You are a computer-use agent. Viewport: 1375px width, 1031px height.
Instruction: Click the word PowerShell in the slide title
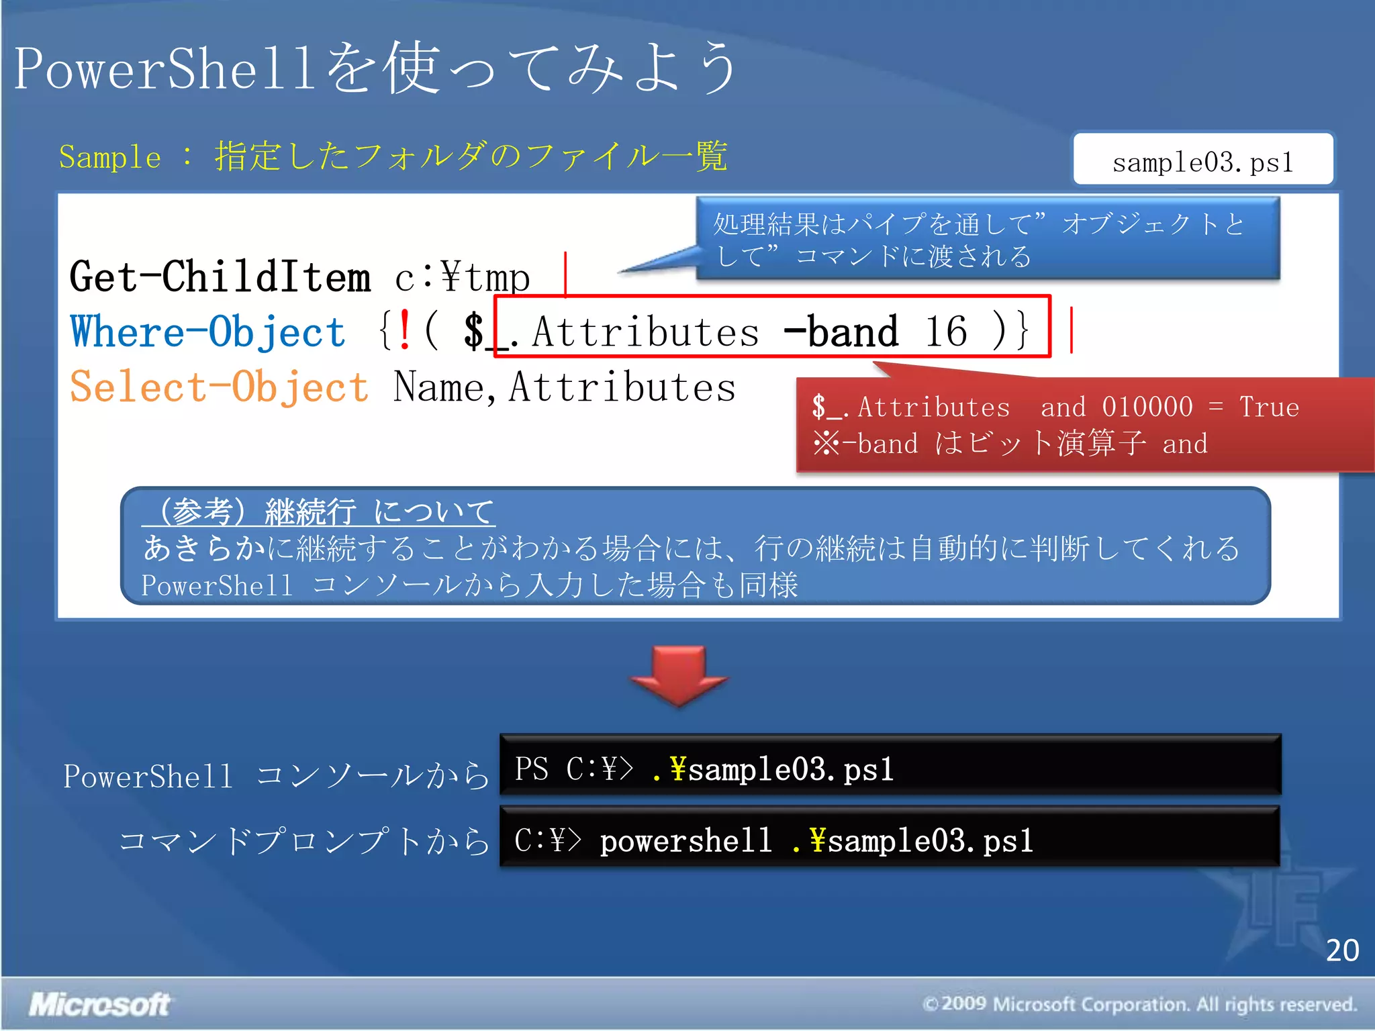[x=164, y=69]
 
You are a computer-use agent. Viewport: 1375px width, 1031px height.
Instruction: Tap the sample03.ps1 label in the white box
[x=1202, y=162]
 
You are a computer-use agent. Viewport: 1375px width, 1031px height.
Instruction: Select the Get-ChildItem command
[x=220, y=277]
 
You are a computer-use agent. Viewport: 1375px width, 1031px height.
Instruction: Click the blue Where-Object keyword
[x=207, y=332]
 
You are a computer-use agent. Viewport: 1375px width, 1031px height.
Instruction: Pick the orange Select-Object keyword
[x=219, y=387]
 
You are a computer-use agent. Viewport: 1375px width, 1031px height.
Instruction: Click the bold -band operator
[x=841, y=332]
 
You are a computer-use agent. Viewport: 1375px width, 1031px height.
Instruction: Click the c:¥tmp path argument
[x=463, y=278]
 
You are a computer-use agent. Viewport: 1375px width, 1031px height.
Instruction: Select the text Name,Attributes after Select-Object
[x=564, y=388]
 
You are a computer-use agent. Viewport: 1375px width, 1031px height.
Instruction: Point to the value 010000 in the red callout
[x=1147, y=407]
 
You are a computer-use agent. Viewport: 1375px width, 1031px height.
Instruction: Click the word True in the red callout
[x=1268, y=407]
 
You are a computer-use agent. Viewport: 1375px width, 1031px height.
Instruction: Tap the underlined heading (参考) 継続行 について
[x=318, y=511]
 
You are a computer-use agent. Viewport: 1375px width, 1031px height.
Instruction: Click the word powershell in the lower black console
[x=685, y=841]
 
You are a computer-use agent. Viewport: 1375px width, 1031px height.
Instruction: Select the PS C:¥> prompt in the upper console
[x=573, y=769]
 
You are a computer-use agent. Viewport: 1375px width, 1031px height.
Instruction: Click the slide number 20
[x=1341, y=950]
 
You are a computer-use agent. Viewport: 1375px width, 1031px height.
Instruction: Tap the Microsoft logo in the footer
[x=99, y=1004]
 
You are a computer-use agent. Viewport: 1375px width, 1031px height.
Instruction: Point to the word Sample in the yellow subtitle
[x=109, y=158]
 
